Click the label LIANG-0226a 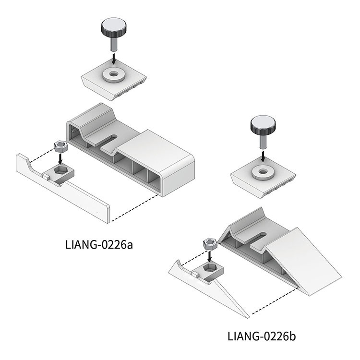(x=99, y=245)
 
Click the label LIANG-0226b (x=262, y=336)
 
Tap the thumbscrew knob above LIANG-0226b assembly (x=263, y=126)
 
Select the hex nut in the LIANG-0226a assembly (x=60, y=146)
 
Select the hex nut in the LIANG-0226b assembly (x=210, y=244)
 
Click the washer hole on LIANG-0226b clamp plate (x=263, y=171)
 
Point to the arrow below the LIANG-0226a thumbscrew (x=113, y=59)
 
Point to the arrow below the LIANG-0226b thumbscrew (x=263, y=156)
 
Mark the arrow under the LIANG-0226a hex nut (x=60, y=159)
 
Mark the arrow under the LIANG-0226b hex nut (x=210, y=256)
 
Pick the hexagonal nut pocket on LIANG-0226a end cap (x=61, y=171)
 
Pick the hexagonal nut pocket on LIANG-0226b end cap (x=210, y=268)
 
